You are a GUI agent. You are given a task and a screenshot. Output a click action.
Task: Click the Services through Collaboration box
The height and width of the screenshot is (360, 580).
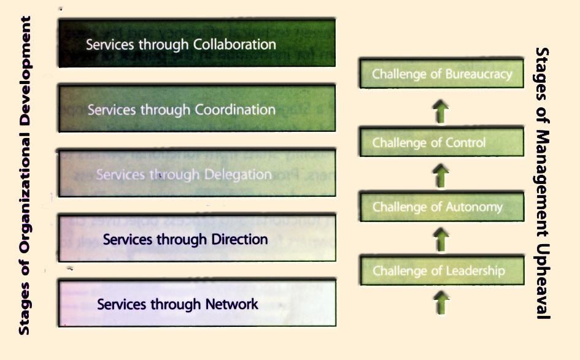[x=196, y=43]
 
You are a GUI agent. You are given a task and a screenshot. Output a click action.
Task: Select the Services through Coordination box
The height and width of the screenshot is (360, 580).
[x=196, y=109]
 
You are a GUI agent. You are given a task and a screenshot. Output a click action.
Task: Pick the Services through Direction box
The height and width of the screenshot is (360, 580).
[x=196, y=238]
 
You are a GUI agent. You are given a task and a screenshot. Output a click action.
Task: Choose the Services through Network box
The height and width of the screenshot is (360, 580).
[x=196, y=303]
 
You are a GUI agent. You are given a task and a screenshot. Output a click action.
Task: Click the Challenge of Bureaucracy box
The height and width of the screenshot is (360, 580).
[x=441, y=74]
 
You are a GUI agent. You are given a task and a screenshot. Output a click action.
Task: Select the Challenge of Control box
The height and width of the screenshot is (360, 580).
[x=441, y=143]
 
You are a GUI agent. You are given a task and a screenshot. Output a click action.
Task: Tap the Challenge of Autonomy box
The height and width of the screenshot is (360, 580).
[x=441, y=207]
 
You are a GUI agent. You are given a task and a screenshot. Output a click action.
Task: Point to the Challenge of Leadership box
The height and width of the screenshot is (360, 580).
[x=441, y=270]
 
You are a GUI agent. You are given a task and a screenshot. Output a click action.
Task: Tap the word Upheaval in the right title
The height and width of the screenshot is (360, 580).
[x=542, y=283]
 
